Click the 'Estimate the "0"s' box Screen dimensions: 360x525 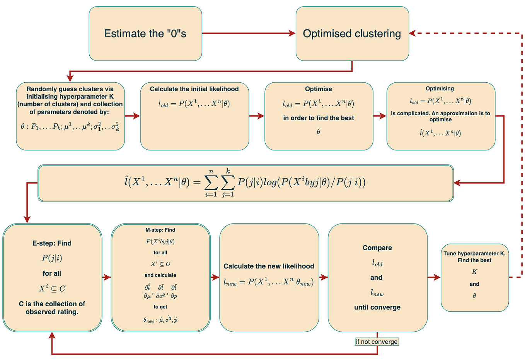pos(145,34)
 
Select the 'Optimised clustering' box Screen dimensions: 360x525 pos(352,34)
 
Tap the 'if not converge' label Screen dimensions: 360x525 pos(377,342)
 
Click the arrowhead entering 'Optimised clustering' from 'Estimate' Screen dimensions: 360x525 pos(292,34)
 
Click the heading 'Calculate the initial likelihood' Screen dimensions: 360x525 pos(194,89)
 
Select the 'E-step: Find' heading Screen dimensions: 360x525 pos(52,243)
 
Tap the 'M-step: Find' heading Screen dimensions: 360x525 pos(160,230)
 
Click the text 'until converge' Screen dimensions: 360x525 pos(377,307)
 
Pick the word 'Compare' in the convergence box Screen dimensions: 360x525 pos(377,248)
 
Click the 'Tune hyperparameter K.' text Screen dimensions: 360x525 pos(474,254)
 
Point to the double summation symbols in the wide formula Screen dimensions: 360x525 pos(219,182)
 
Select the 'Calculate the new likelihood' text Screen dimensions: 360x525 pos(269,266)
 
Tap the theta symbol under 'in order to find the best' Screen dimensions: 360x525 pos(319,132)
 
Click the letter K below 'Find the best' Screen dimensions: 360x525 pos(474,272)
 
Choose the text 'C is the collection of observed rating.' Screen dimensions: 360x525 pos(52,308)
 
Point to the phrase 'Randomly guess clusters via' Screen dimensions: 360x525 pos(70,89)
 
